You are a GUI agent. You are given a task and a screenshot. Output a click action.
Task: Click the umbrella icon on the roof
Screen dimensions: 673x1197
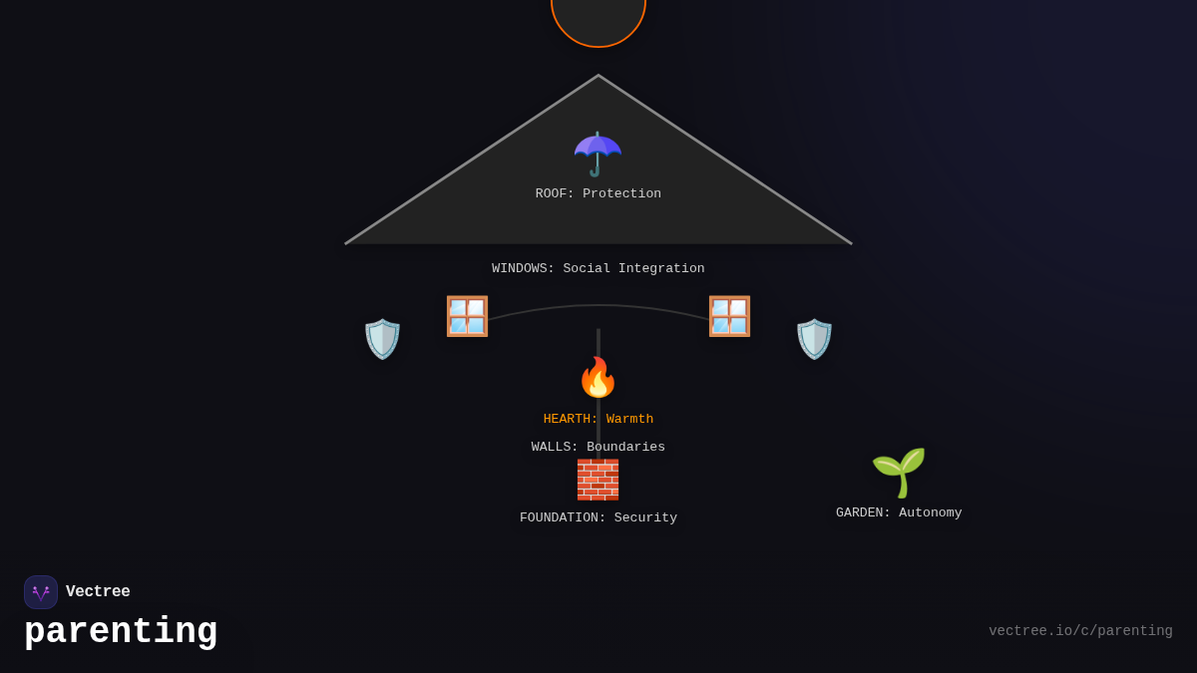598,154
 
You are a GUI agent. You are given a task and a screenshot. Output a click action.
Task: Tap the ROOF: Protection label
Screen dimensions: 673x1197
598,194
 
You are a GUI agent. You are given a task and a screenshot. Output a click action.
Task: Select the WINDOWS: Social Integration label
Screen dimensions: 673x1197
598,269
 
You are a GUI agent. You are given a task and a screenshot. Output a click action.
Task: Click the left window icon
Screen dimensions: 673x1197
467,316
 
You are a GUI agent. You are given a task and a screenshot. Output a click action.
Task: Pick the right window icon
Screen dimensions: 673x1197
729,316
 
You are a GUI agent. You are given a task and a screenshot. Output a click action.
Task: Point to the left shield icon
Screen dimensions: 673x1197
382,339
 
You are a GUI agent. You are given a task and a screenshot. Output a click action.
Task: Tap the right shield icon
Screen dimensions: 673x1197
814,339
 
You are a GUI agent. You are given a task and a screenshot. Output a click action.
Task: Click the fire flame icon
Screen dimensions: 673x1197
598,377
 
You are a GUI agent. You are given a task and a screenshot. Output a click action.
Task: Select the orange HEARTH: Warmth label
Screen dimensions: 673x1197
598,420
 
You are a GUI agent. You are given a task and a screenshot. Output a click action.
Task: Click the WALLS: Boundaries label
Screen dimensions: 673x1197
598,448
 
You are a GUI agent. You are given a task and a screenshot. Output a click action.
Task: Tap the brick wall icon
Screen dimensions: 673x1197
598,480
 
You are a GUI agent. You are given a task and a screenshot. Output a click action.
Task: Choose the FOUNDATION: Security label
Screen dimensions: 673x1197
598,518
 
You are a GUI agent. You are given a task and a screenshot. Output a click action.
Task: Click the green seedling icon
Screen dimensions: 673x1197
899,472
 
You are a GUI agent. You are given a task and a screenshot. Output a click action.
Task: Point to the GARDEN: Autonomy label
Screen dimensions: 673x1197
899,513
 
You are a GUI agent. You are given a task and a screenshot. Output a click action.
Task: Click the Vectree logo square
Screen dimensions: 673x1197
41,592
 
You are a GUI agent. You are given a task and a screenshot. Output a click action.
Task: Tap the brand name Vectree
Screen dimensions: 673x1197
98,592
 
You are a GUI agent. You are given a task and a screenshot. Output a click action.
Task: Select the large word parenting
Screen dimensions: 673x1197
121,632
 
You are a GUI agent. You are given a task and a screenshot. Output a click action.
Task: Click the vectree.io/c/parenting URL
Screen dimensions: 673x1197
1080,631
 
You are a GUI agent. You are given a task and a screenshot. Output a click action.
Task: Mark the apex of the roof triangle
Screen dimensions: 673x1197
598,76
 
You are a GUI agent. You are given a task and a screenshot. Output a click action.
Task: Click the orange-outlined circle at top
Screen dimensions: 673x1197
598,18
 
